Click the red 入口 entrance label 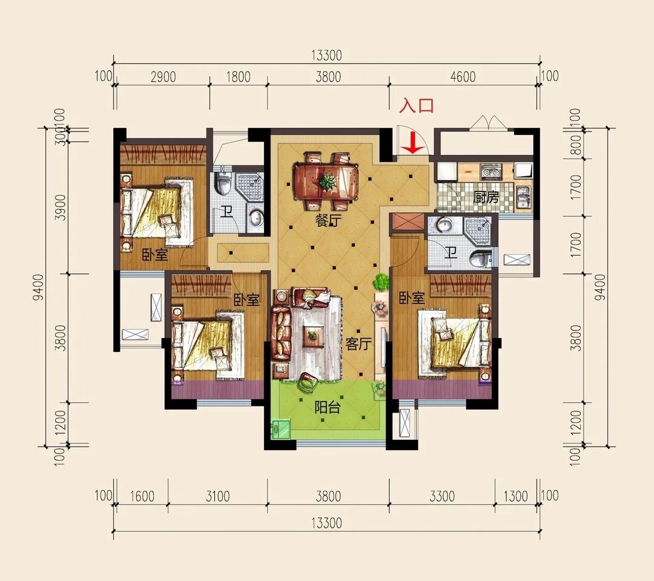pyautogui.click(x=417, y=105)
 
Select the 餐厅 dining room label pyautogui.click(x=328, y=220)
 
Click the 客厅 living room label pyautogui.click(x=358, y=344)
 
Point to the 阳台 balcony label pyautogui.click(x=327, y=407)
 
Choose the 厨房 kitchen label pyautogui.click(x=486, y=196)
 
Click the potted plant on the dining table pyautogui.click(x=327, y=181)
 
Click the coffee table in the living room pyautogui.click(x=312, y=335)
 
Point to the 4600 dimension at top pyautogui.click(x=463, y=77)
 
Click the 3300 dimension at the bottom pyautogui.click(x=441, y=496)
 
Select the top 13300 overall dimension pyautogui.click(x=326, y=55)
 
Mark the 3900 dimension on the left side pyautogui.click(x=61, y=207)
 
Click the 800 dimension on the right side pyautogui.click(x=575, y=145)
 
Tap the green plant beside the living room pyautogui.click(x=380, y=282)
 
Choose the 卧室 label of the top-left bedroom pyautogui.click(x=155, y=254)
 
